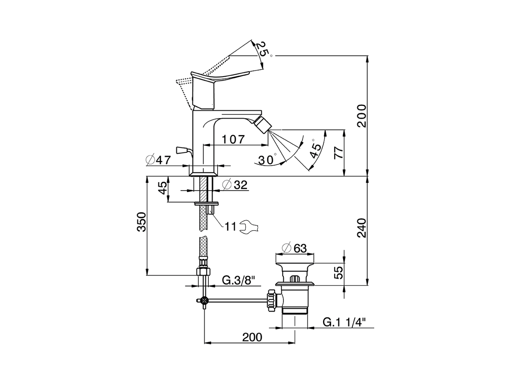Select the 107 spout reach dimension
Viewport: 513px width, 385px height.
233,140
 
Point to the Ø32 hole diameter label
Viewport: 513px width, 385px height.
235,185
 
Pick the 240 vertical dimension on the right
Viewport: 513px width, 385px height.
362,228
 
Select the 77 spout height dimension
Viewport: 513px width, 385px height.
339,153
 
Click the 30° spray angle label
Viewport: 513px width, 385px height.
267,160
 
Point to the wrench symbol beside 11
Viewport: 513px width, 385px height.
249,227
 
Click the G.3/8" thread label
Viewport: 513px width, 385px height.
238,280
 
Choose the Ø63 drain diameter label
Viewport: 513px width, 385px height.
295,249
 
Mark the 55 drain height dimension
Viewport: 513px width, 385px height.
339,273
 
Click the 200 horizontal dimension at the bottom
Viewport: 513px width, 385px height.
252,337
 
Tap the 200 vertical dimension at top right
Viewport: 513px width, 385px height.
362,115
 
